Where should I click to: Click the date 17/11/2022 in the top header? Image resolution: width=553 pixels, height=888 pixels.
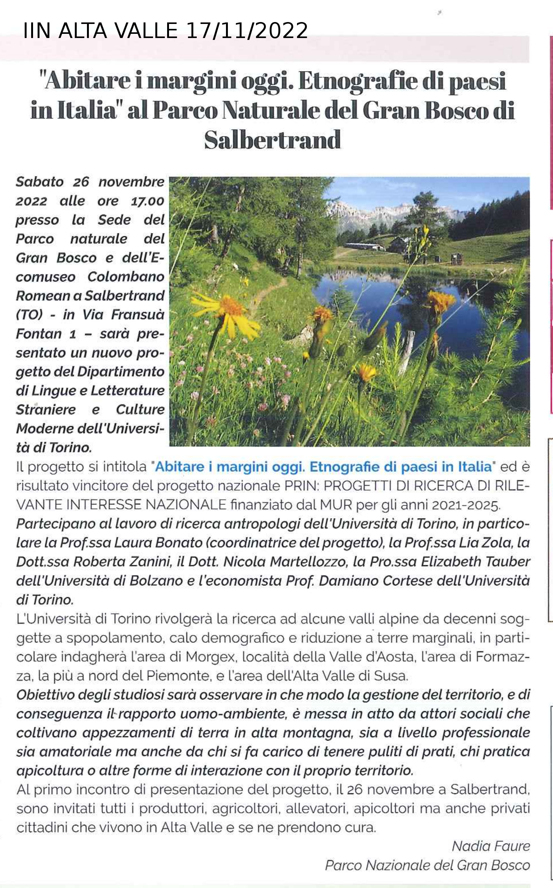click(x=246, y=31)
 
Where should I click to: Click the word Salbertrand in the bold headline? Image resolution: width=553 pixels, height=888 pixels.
click(x=272, y=140)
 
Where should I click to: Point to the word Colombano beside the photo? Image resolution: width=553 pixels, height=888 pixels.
click(x=126, y=277)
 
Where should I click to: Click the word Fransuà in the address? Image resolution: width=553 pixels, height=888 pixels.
click(x=138, y=315)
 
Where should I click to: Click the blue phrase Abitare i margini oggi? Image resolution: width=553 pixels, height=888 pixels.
click(x=230, y=467)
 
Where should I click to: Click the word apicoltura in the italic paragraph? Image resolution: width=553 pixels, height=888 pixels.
click(x=50, y=771)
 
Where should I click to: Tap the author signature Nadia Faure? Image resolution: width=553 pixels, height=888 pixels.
click(x=491, y=846)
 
